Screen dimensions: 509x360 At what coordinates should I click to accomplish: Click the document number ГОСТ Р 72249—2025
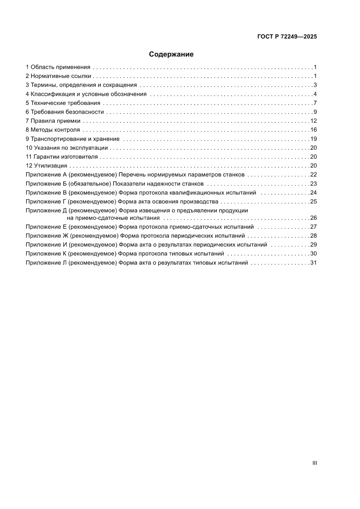coord(286,37)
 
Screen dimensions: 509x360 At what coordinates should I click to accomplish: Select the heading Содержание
coord(171,54)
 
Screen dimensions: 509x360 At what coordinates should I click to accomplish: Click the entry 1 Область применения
coord(58,67)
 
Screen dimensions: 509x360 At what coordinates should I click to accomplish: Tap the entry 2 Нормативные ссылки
coord(58,76)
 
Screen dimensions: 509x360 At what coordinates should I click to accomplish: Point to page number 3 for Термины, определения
coord(314,85)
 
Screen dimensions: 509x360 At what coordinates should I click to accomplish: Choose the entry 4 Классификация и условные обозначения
coord(86,94)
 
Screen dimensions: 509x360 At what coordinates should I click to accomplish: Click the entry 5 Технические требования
coord(63,103)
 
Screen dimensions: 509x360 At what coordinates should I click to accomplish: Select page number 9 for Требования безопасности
coord(314,112)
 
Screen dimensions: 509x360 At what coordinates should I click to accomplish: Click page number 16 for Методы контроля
coord(313,130)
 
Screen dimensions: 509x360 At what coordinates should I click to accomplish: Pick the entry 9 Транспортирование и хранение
coord(72,139)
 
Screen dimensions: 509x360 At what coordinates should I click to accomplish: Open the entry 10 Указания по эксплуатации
coord(67,148)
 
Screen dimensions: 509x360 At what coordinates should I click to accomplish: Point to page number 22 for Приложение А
coord(313,175)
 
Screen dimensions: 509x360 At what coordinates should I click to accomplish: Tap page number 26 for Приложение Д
coord(313,218)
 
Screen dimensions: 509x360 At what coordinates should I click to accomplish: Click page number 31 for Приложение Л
coord(313,263)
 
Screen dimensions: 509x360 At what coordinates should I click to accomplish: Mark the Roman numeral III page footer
coord(314,463)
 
